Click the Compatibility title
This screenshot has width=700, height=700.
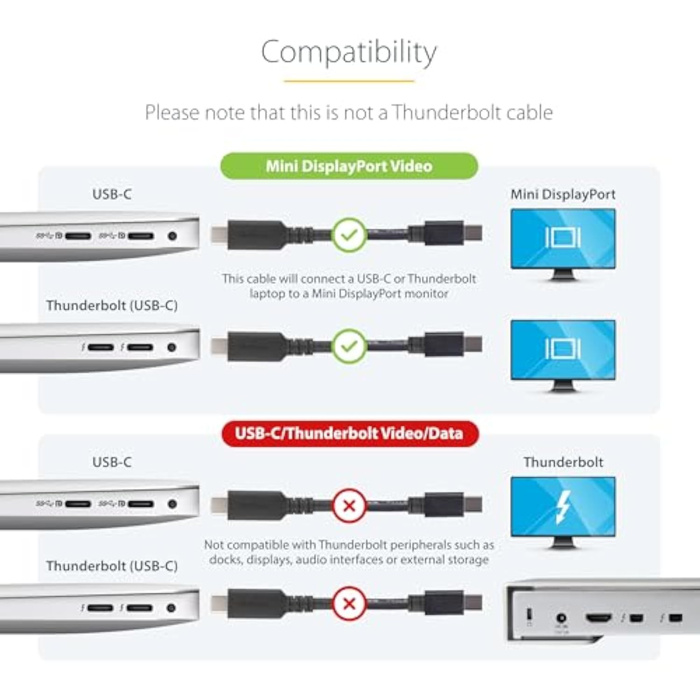click(349, 52)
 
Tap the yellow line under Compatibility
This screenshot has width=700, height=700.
click(349, 81)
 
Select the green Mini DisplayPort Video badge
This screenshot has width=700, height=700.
click(349, 166)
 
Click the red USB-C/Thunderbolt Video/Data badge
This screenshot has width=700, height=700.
click(349, 434)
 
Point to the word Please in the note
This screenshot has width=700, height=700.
click(172, 112)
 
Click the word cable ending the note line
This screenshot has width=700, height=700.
click(530, 112)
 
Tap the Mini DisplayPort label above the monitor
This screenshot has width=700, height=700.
click(563, 194)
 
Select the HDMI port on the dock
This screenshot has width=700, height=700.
click(599, 618)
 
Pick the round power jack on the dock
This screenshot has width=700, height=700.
click(561, 618)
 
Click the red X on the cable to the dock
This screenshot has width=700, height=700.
click(349, 603)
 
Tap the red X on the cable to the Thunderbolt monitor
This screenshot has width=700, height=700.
click(349, 505)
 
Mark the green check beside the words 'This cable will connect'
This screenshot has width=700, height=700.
click(349, 235)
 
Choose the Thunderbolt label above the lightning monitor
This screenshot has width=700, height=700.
click(563, 462)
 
